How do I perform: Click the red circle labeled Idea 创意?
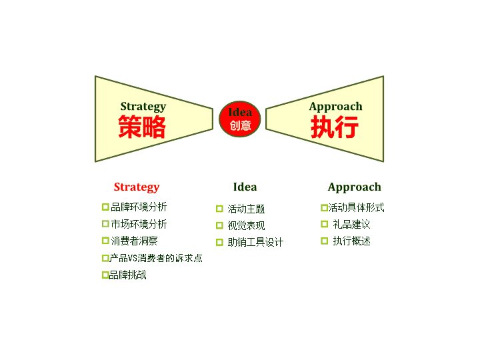click(240, 119)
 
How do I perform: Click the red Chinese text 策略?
click(142, 127)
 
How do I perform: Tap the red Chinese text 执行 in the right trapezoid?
click(335, 127)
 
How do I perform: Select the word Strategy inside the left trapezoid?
click(143, 107)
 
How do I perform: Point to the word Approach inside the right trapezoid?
click(336, 107)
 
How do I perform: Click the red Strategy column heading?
click(137, 187)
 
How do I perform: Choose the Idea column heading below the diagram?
click(245, 187)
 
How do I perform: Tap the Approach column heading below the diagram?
click(355, 187)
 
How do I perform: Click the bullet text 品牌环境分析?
click(139, 207)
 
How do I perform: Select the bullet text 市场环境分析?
click(139, 224)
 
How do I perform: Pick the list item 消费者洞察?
click(135, 241)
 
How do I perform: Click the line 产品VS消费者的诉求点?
click(156, 258)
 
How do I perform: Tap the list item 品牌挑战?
click(127, 275)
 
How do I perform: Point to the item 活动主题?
click(246, 209)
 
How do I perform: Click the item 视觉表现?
click(246, 225)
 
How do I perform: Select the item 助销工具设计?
click(255, 243)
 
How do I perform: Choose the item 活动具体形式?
click(356, 207)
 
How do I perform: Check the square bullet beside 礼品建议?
click(325, 224)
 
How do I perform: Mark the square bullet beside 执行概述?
click(325, 241)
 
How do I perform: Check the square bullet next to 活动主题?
click(219, 209)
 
